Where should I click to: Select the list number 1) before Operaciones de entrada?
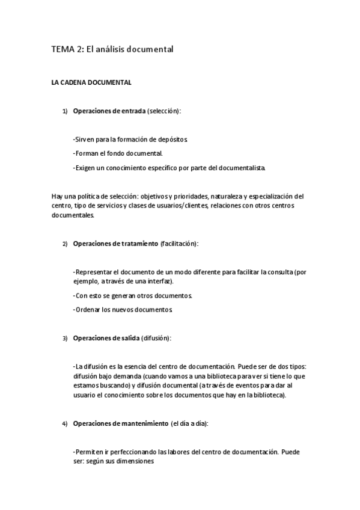66,111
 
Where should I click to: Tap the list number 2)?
66,244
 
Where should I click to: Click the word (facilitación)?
179,244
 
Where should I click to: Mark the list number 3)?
66,339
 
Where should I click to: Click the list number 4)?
66,424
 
